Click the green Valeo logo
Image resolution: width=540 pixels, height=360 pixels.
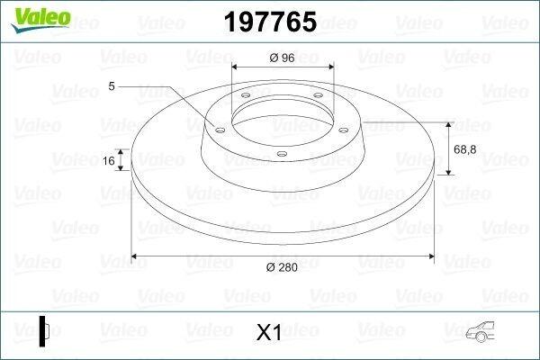[x=40, y=20]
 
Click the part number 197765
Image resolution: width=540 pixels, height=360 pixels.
[x=270, y=22]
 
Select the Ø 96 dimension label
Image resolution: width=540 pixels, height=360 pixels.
[x=282, y=58]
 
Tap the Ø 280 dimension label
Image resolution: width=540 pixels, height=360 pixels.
[x=282, y=267]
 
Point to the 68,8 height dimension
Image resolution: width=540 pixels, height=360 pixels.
[x=465, y=149]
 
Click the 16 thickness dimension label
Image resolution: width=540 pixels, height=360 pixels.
[x=109, y=160]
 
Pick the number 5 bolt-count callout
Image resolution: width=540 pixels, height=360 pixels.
[x=112, y=85]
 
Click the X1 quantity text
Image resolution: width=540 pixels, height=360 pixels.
[x=269, y=332]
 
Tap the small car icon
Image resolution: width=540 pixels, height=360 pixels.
[x=480, y=332]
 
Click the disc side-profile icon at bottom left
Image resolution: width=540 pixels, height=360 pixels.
[x=44, y=331]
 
